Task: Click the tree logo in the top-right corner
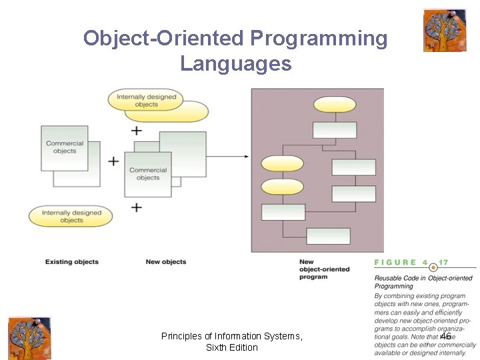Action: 445,31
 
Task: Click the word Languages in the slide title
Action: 235,64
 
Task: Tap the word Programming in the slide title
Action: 319,39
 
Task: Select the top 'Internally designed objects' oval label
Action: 147,100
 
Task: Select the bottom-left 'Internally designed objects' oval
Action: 71,216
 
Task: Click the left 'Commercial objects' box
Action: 65,147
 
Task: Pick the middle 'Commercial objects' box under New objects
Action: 148,174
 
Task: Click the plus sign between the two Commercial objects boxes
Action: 114,161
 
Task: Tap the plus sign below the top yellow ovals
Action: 137,130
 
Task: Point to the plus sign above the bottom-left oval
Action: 137,207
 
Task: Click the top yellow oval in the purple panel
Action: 335,105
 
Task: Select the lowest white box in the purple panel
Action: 328,236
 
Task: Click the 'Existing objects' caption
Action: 72,262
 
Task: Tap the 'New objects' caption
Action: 166,262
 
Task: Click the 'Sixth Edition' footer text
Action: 232,347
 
